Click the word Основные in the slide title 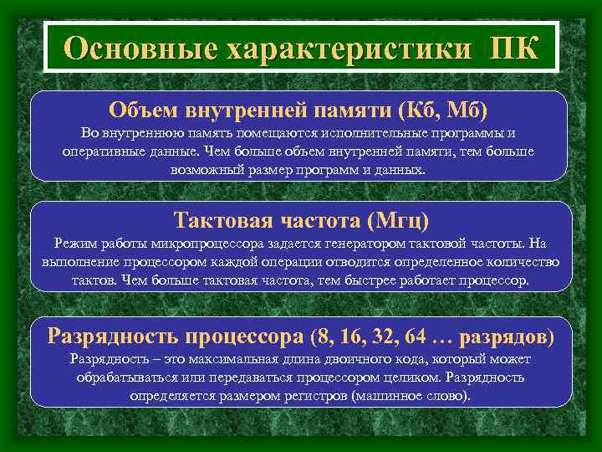[x=133, y=48]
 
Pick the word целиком [x=403, y=378]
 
